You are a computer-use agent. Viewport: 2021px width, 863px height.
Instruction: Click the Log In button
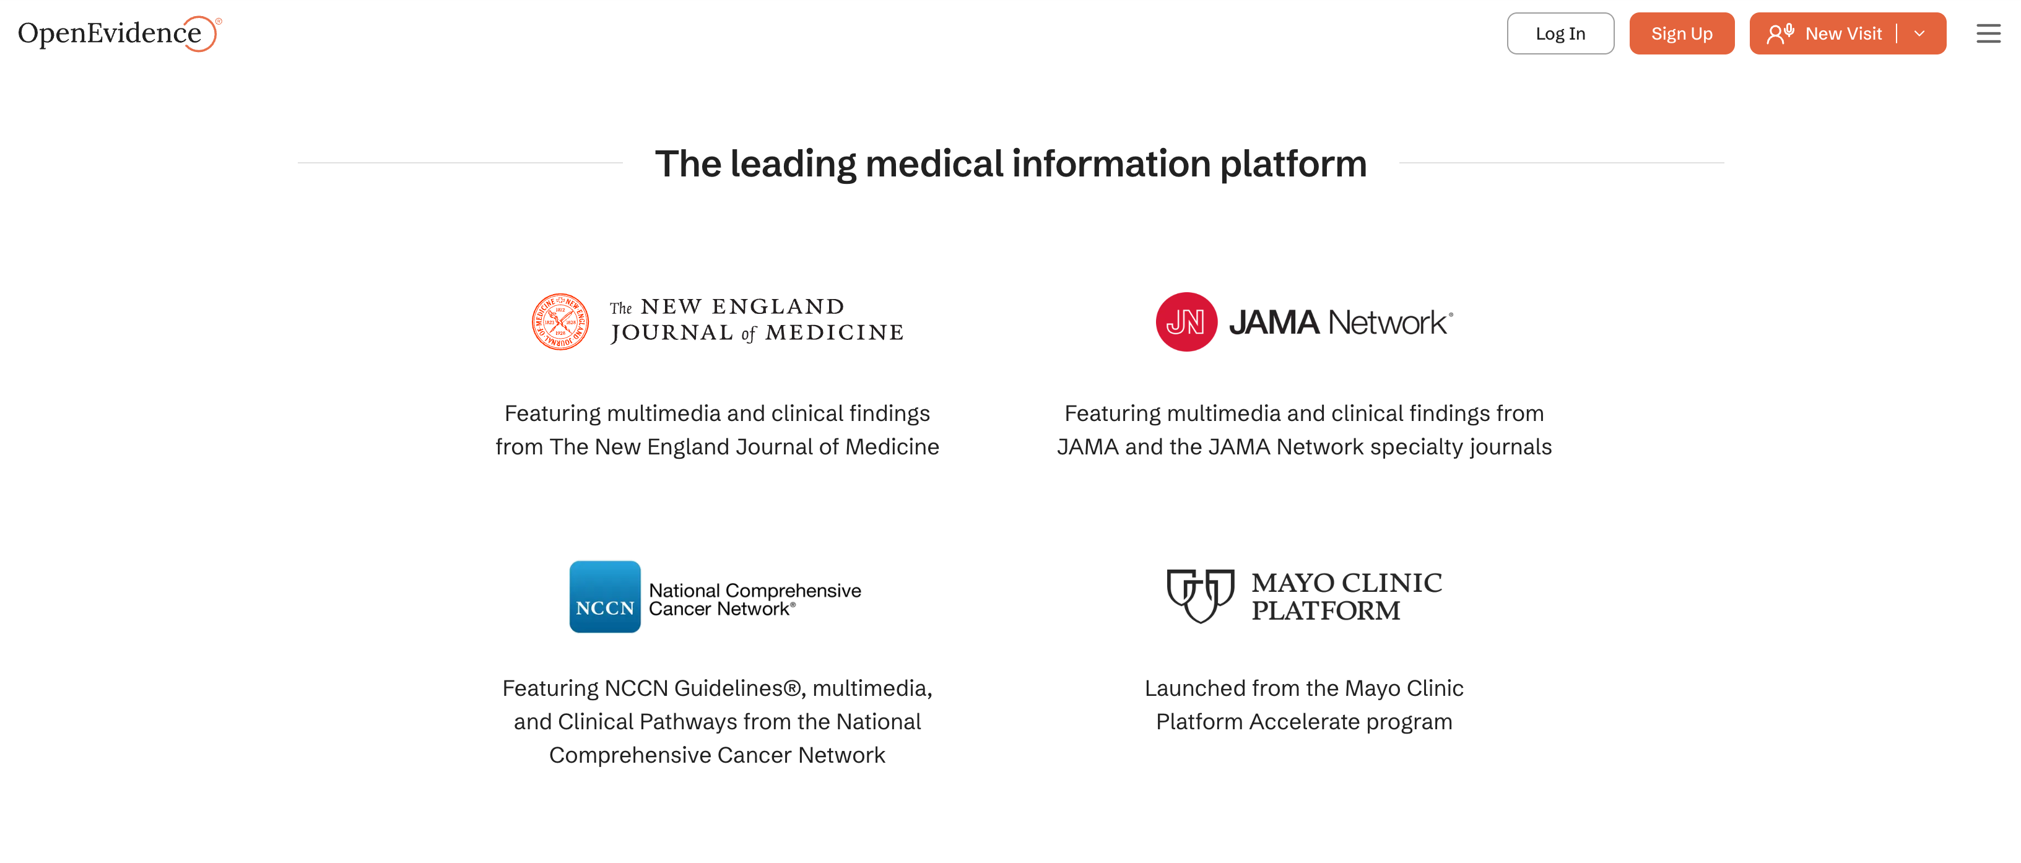point(1560,33)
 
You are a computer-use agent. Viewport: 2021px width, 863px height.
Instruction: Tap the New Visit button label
point(1843,33)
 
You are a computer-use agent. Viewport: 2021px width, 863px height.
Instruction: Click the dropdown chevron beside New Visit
point(1919,33)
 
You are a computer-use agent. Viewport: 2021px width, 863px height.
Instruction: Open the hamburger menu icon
point(1988,33)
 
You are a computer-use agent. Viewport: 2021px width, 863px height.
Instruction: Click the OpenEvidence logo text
point(110,33)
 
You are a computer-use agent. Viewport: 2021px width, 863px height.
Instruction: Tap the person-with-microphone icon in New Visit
point(1780,33)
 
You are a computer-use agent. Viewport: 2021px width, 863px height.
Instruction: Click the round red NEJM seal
point(560,322)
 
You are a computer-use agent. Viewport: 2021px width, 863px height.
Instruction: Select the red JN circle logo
point(1186,322)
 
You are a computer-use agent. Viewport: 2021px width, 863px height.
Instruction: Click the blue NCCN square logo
point(604,596)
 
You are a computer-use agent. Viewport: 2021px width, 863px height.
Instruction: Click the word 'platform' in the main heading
point(1293,164)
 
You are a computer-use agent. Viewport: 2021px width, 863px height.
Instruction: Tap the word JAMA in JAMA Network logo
point(1274,323)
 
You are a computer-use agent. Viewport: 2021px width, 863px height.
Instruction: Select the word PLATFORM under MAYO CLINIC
point(1325,610)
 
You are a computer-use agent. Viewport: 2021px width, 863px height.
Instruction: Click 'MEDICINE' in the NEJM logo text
point(834,332)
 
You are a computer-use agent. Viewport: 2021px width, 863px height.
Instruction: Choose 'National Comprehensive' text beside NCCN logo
point(755,590)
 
